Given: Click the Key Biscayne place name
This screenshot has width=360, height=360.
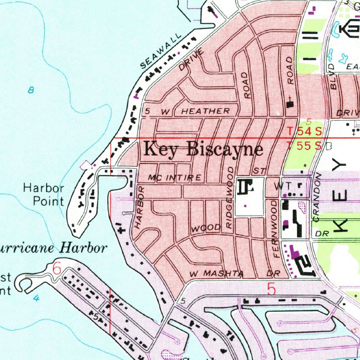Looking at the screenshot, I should (203, 149).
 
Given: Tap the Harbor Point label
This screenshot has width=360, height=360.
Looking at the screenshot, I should (44, 194).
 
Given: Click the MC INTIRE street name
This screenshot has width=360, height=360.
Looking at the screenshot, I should (174, 178).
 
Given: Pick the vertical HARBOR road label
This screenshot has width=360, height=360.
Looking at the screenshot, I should (140, 208).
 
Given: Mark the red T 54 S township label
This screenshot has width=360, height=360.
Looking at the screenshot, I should (304, 131).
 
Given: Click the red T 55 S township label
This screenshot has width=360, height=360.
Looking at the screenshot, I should (304, 145).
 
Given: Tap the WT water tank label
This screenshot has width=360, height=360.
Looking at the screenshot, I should (281, 185).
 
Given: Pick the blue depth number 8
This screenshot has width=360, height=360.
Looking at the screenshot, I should (31, 90).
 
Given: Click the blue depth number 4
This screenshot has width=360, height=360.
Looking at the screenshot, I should (36, 298).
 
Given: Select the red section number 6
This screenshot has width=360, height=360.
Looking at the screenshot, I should (57, 269).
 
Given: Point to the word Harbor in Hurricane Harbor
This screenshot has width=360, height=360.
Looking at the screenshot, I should (83, 248).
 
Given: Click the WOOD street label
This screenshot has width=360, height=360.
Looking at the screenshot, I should (206, 228).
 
